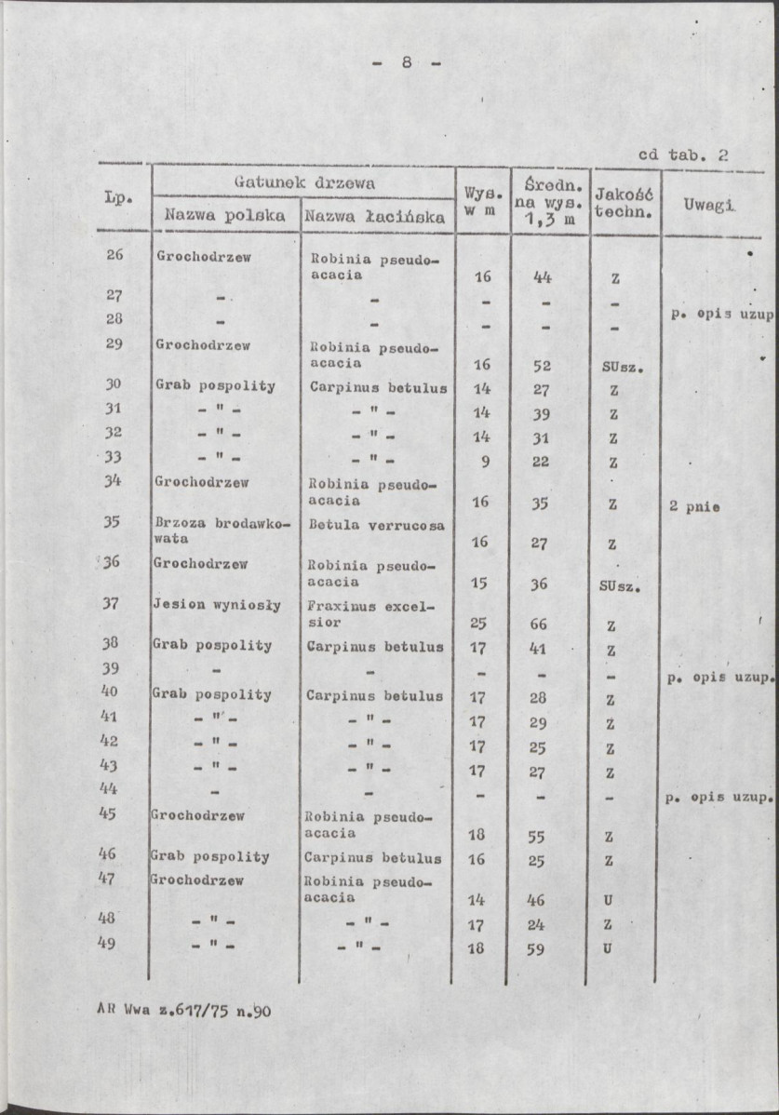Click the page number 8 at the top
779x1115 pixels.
407,63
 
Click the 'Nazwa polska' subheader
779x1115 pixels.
224,216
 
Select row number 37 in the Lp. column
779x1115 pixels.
111,603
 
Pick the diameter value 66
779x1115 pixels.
538,624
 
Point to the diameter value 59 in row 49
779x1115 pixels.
537,950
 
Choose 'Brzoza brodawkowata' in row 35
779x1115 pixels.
222,531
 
